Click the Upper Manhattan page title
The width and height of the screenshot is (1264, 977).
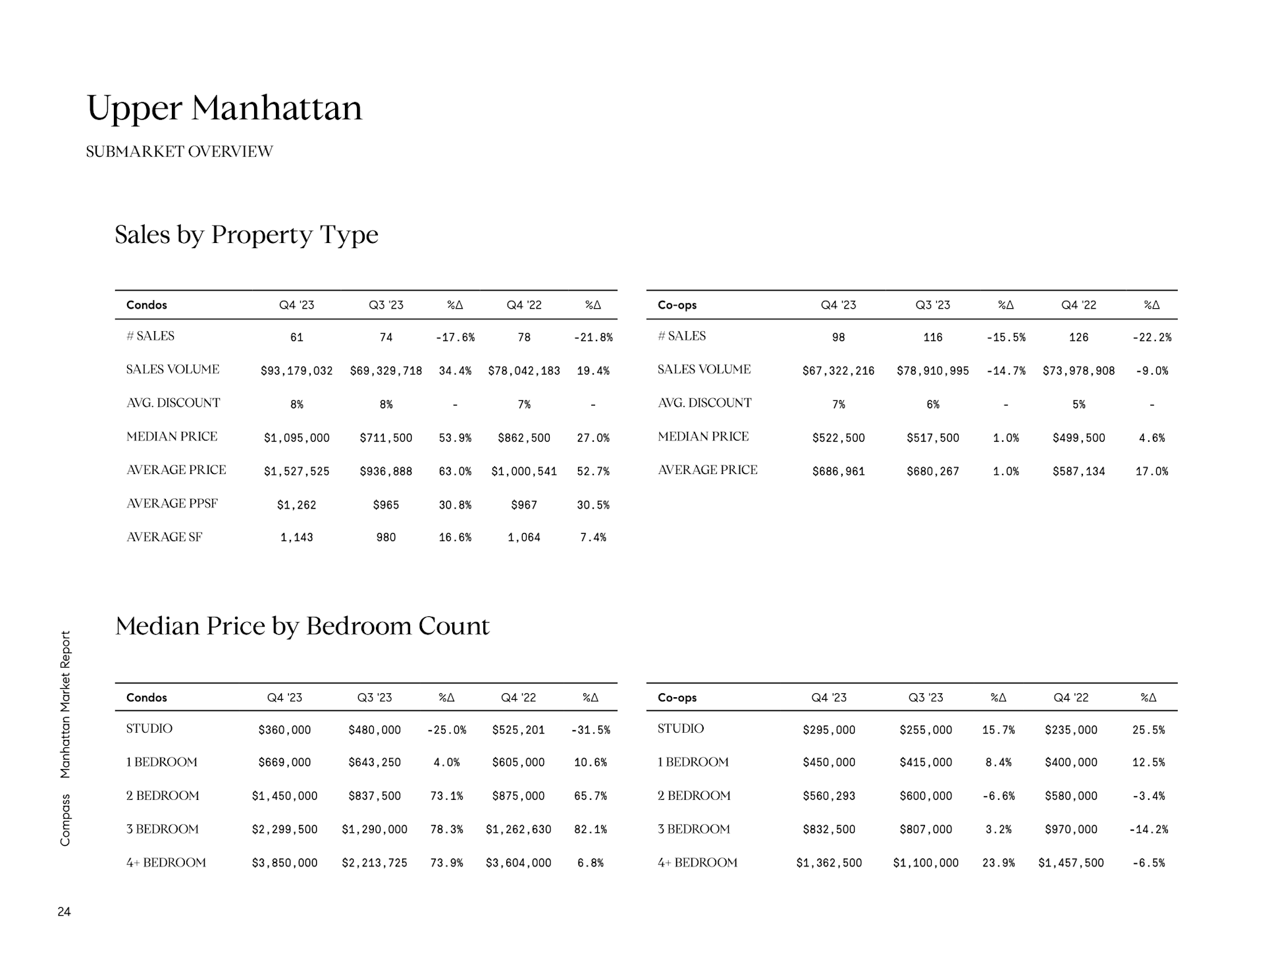pos(224,108)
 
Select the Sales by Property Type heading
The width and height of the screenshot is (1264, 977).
pos(246,234)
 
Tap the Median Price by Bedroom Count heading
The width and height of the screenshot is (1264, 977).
pos(302,625)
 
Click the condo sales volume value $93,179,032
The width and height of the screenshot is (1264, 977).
pos(296,371)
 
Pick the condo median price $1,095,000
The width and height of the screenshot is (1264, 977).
pos(296,438)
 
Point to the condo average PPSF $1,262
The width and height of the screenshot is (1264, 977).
pos(296,505)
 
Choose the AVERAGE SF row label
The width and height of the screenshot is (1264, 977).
pos(164,537)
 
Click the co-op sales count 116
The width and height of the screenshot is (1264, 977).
pos(932,337)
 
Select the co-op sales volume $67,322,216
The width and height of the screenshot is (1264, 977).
pos(838,371)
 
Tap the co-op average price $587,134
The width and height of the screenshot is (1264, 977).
pos(1078,471)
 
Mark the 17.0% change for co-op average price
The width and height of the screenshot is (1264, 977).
pos(1151,471)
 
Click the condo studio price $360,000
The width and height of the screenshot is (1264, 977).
pos(284,729)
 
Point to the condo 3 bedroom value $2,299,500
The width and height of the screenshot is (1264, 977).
pos(284,830)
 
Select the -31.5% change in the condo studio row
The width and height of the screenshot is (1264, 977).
pos(591,729)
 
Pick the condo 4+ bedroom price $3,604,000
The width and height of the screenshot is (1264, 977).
pos(518,863)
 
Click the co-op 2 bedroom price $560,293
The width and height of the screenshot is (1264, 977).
pos(829,796)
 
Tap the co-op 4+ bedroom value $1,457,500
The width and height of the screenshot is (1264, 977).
pos(1070,863)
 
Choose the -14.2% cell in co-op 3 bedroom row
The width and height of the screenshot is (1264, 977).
pos(1148,830)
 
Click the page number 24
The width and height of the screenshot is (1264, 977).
pos(64,912)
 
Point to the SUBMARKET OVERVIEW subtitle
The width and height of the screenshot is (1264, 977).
pos(179,151)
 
